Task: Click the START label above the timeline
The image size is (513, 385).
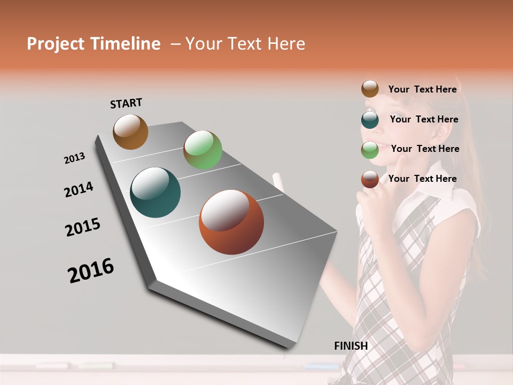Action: pos(126,103)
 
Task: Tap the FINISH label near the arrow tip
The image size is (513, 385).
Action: pos(351,346)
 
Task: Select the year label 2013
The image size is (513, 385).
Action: pos(74,158)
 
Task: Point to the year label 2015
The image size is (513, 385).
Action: pos(83,227)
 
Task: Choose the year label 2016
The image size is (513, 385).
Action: pos(91,271)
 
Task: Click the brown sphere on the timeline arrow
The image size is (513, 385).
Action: pos(130,132)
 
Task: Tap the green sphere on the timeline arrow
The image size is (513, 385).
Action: pos(203,150)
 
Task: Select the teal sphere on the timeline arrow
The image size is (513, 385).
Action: pos(156,192)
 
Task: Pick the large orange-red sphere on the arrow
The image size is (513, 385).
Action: pos(231,222)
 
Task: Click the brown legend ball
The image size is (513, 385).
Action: pos(370,89)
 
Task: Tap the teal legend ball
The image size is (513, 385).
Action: pos(370,119)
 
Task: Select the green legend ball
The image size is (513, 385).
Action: pos(370,150)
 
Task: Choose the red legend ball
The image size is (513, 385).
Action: pos(370,179)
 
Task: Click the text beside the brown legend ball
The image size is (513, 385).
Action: pos(422,89)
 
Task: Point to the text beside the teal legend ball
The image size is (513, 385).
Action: pos(424,119)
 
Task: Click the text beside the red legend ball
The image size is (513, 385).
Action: pos(422,179)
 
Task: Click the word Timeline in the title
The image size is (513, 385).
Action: pos(125,44)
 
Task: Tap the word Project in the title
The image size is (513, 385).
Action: pos(56,44)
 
